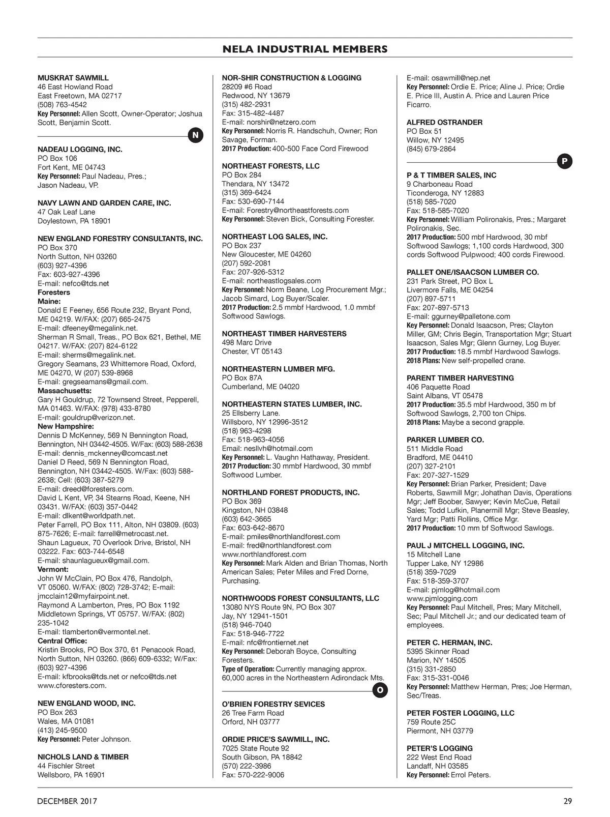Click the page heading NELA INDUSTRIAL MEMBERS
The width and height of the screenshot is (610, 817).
pyautogui.click(x=305, y=49)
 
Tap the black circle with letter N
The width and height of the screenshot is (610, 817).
pyautogui.click(x=196, y=135)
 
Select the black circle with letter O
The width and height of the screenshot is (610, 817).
pyautogui.click(x=380, y=690)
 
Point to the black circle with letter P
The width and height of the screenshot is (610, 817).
pyautogui.click(x=564, y=162)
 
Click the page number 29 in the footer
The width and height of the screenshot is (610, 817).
pyautogui.click(x=568, y=801)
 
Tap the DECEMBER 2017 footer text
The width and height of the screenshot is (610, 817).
pyautogui.click(x=67, y=801)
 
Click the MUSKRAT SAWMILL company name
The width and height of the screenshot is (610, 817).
pyautogui.click(x=73, y=78)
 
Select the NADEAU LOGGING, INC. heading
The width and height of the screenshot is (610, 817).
pyautogui.click(x=80, y=150)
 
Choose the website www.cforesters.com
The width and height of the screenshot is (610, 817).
pyautogui.click(x=72, y=685)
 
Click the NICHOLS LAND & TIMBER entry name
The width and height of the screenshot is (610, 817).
pyautogui.click(x=83, y=757)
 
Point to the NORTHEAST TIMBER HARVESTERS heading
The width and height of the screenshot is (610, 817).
pyautogui.click(x=284, y=334)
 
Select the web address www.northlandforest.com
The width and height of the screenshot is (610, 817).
pyautogui.click(x=264, y=554)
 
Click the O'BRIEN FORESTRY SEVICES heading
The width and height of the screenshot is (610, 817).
pyautogui.click(x=273, y=704)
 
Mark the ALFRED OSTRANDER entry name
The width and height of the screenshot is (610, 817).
pyautogui.click(x=444, y=122)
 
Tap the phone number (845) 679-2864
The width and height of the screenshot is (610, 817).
pyautogui.click(x=431, y=149)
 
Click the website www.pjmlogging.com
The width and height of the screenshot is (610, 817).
pyautogui.click(x=442, y=598)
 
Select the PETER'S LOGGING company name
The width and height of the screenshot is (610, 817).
pyautogui.click(x=439, y=748)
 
